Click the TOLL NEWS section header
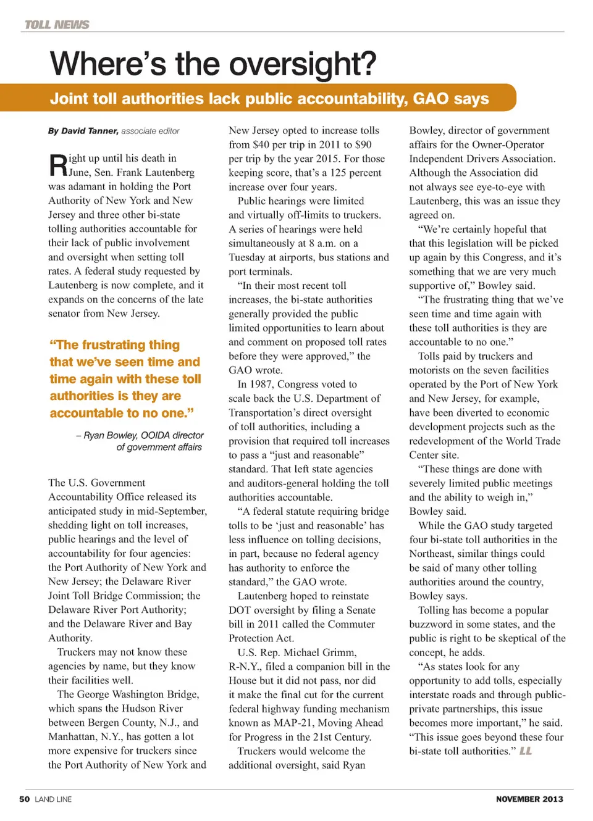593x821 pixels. point(57,25)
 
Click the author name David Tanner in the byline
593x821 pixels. point(90,131)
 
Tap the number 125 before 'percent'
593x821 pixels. point(337,173)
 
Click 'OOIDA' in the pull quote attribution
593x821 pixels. point(156,435)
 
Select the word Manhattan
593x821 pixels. point(72,737)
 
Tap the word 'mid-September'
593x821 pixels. point(179,511)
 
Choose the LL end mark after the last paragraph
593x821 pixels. point(526,751)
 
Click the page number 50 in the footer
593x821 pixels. point(25,799)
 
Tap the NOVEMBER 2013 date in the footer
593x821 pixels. point(529,799)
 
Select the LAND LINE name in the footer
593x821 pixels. point(53,799)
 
